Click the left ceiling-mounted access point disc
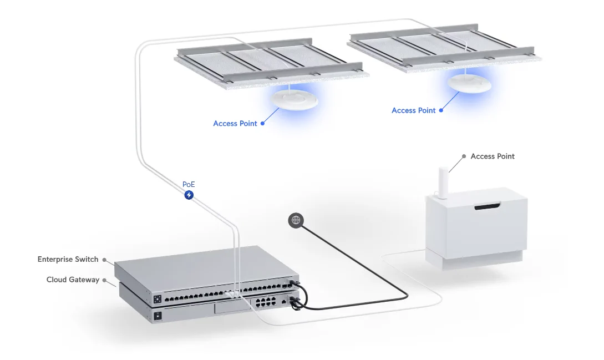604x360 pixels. point(294,100)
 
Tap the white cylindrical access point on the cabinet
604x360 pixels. point(442,180)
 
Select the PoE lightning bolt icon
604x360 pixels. point(189,195)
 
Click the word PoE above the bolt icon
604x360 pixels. point(189,184)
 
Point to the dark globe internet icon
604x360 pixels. point(296,220)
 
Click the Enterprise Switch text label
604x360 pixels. point(68,259)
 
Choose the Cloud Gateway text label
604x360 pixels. point(73,280)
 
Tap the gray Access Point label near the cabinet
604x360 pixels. point(493,156)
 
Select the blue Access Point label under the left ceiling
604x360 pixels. point(235,124)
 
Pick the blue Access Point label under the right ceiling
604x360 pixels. point(413,110)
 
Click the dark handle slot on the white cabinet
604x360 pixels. point(488,207)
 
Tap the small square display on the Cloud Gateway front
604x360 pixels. point(158,316)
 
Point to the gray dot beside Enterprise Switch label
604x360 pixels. point(104,259)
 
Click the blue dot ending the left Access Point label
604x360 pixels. point(263,124)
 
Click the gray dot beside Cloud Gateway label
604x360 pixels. point(105,280)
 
